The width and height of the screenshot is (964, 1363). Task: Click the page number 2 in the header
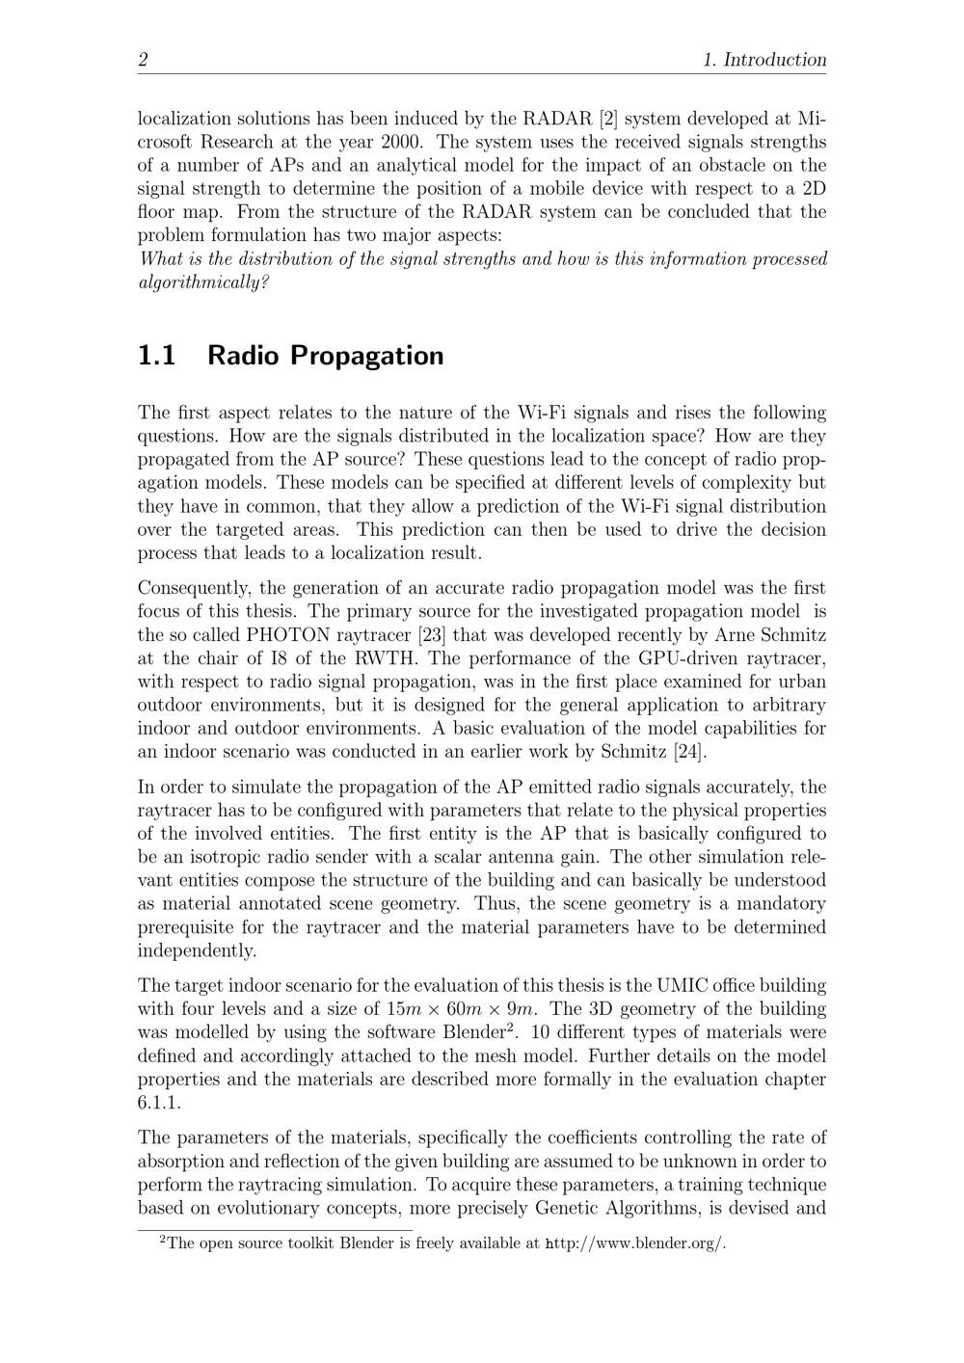click(143, 60)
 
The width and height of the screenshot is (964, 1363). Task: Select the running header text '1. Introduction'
click(764, 60)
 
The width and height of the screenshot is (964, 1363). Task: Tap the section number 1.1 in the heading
click(157, 356)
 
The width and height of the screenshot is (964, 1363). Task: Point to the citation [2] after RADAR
click(608, 119)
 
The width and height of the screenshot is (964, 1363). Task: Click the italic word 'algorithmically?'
click(203, 282)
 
